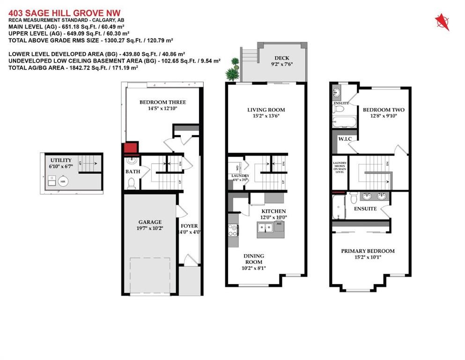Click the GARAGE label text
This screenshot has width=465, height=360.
pos(149,222)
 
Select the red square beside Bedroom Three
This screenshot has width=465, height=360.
pos(129,149)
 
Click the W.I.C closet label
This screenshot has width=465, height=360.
pos(339,139)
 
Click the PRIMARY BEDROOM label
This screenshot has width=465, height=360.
pos(368,251)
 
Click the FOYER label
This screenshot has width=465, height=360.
pos(189,225)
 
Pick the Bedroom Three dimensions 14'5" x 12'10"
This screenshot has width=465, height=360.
pos(162,109)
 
